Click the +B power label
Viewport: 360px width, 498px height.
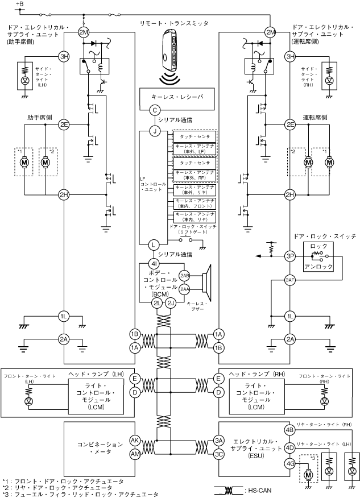20,5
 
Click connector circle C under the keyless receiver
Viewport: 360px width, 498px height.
154,110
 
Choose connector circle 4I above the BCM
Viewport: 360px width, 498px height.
154,264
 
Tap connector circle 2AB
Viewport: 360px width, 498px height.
185,275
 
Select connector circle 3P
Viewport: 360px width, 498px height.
290,256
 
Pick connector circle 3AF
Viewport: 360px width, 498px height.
290,279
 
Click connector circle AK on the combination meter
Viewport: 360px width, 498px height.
134,440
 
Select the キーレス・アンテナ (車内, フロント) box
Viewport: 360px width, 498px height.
195,202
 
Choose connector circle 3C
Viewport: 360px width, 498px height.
218,454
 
